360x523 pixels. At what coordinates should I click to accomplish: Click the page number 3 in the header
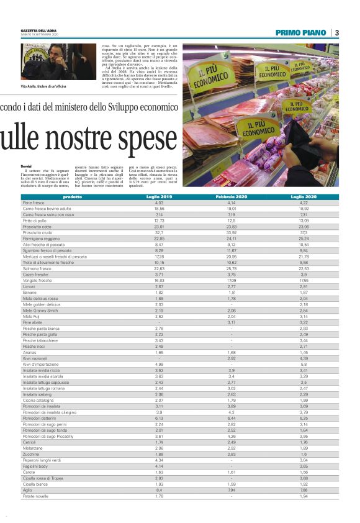click(336, 33)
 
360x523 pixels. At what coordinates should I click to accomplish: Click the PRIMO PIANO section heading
click(302, 33)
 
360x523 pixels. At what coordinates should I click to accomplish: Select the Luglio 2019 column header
click(159, 196)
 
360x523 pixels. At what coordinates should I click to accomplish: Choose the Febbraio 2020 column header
click(232, 196)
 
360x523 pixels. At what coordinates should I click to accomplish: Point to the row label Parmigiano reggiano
click(41, 238)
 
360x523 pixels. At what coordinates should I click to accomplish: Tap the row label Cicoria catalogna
click(38, 401)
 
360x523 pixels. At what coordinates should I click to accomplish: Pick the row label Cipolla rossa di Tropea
click(43, 478)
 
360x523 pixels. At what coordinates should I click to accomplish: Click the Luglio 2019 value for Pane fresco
click(159, 202)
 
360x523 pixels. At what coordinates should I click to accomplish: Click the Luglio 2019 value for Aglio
click(159, 491)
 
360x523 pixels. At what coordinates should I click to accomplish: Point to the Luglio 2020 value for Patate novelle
click(304, 496)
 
